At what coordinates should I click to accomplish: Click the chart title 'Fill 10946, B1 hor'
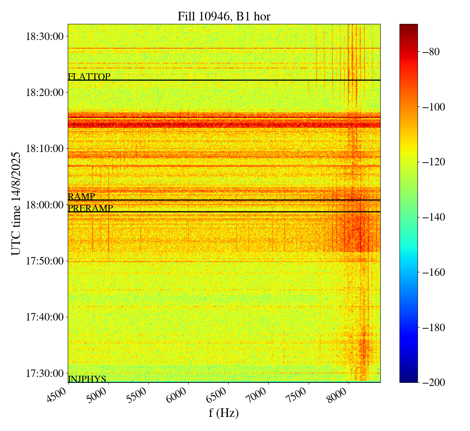tap(224, 16)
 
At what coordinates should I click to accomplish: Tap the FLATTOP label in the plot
tap(89, 77)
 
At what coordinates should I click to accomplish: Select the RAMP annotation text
tap(81, 197)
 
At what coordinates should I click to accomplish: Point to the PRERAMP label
tap(90, 208)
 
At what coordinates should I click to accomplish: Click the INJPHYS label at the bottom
tap(87, 379)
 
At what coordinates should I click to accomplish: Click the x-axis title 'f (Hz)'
tap(224, 413)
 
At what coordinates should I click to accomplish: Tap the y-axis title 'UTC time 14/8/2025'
tap(16, 203)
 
